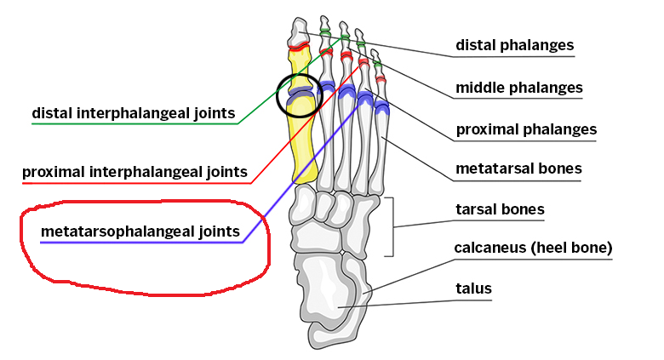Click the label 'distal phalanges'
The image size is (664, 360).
click(x=514, y=45)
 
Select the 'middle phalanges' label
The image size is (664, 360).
click(x=518, y=88)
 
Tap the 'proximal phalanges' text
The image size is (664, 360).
click(x=526, y=129)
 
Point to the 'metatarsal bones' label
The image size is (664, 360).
click(x=518, y=169)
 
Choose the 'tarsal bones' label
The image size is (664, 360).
click(x=500, y=209)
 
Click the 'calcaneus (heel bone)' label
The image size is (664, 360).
click(x=533, y=249)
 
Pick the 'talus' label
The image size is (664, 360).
click(x=473, y=289)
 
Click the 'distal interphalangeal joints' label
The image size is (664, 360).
click(x=134, y=113)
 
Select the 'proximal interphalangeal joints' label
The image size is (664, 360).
click(x=135, y=172)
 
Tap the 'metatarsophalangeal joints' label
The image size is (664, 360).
click(x=140, y=231)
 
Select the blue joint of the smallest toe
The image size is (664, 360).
click(x=382, y=106)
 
